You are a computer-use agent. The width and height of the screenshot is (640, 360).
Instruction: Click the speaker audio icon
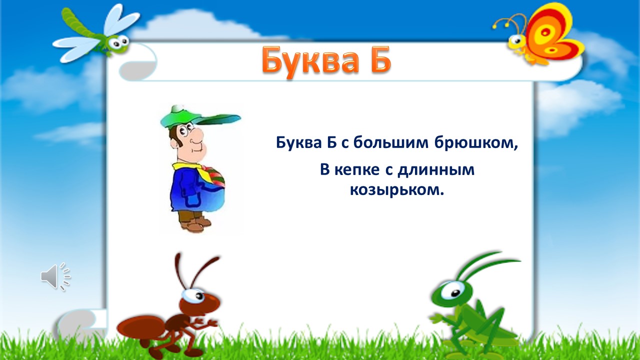click(55, 276)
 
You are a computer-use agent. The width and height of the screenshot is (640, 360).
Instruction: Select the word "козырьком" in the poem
click(397, 189)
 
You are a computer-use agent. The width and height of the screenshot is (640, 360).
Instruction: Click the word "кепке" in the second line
click(357, 170)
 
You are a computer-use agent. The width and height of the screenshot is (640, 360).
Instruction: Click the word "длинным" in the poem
click(436, 170)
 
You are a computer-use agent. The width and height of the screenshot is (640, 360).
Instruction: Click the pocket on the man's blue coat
click(192, 198)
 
